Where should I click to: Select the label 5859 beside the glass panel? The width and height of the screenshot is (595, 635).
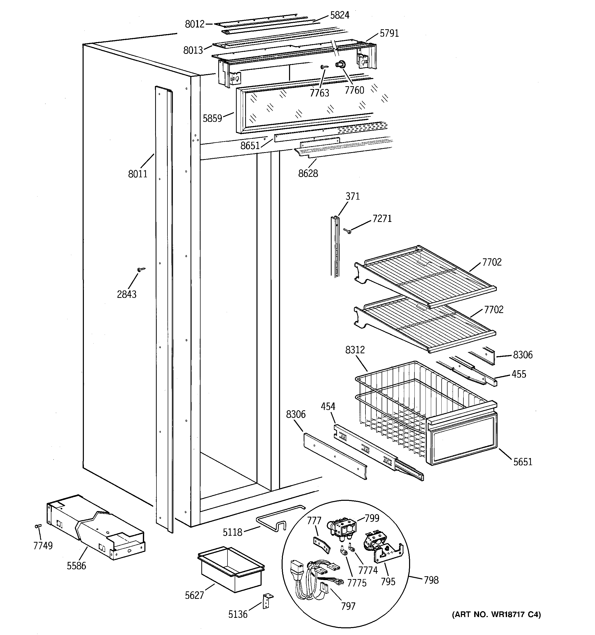pos(212,119)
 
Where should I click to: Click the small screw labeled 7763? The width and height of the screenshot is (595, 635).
pos(324,67)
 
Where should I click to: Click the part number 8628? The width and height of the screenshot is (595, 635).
pos(308,173)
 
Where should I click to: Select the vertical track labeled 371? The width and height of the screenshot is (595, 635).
pos(335,246)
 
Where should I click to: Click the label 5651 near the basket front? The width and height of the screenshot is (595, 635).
pos(522,462)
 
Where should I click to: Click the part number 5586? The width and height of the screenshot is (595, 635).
pos(76,566)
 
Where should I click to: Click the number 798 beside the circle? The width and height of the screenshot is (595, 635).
pos(431,580)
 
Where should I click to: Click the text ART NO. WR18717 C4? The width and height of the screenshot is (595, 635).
pos(496,614)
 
